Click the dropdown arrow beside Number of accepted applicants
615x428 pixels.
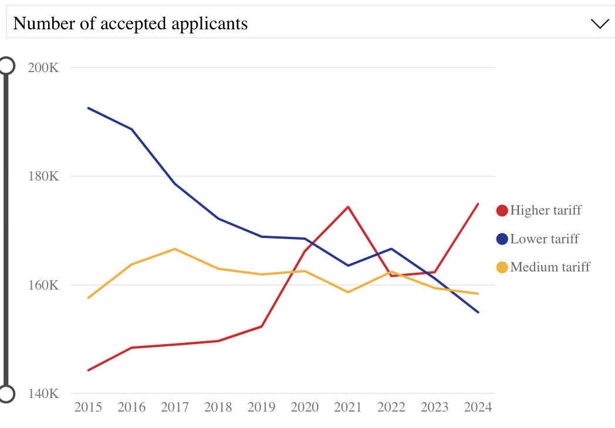tap(600, 24)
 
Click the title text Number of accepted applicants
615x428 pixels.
tap(130, 24)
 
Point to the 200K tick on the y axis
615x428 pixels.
tap(43, 67)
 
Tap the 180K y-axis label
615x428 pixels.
tap(43, 176)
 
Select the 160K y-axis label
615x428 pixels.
tap(43, 286)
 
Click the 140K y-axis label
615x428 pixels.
tap(43, 393)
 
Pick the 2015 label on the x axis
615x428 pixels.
tap(88, 407)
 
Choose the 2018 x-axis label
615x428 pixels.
tap(218, 407)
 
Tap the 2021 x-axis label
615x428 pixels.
tap(348, 407)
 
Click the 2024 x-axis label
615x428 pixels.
tap(478, 407)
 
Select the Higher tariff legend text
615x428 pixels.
tap(546, 210)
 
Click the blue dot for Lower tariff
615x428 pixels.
tap(502, 239)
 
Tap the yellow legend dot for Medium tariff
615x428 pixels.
tap(502, 267)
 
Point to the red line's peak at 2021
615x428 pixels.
tap(348, 207)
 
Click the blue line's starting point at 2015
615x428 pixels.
tap(88, 108)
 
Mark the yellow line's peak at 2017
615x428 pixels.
tap(175, 249)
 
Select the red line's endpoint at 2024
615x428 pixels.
tap(478, 203)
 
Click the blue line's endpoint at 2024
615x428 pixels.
tap(478, 312)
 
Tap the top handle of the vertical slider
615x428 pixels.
tap(6, 65)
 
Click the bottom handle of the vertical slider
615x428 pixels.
tap(6, 394)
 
